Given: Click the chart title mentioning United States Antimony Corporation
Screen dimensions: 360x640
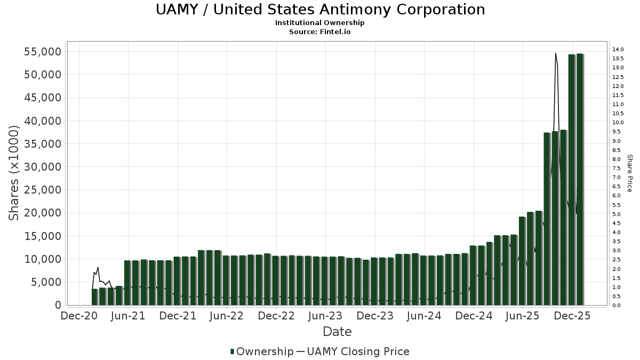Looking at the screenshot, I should pyautogui.click(x=320, y=10).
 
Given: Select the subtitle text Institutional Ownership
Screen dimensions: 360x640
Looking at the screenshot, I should pyautogui.click(x=320, y=23).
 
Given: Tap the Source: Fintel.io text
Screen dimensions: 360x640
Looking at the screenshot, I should pyautogui.click(x=320, y=31).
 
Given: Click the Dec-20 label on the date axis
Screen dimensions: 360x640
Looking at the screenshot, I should pyautogui.click(x=79, y=316).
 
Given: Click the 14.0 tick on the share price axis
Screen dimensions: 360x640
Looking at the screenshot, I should pyautogui.click(x=618, y=50).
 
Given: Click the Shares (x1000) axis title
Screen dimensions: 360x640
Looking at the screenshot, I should pyautogui.click(x=14, y=172).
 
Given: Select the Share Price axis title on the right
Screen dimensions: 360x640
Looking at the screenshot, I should pyautogui.click(x=629, y=173).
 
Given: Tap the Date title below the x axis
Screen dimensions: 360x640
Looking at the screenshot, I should pyautogui.click(x=337, y=332).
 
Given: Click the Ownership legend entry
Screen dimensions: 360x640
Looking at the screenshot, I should pyautogui.click(x=262, y=351).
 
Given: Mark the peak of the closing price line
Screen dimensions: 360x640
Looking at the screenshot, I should pyautogui.click(x=555, y=53).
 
